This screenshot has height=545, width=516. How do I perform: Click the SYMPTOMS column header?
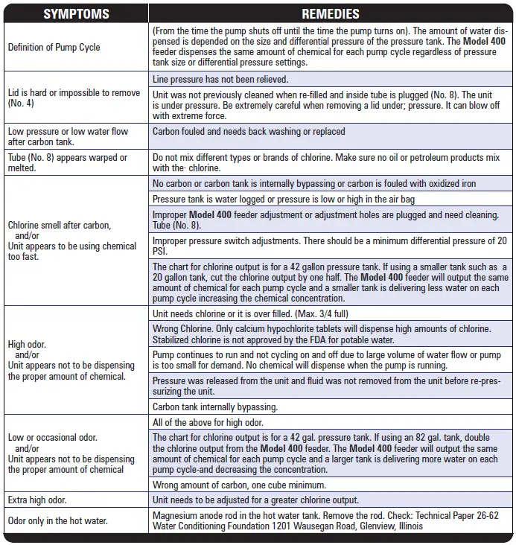(x=76, y=13)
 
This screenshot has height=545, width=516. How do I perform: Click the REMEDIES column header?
(x=330, y=13)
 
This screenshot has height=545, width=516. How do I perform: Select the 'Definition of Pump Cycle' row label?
(x=54, y=47)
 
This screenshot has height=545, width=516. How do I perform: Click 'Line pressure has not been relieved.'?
(x=220, y=79)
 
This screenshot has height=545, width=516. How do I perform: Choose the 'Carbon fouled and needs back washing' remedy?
(x=249, y=132)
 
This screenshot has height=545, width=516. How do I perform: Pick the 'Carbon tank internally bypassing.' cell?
(x=214, y=407)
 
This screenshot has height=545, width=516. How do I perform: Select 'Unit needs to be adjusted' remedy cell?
(x=255, y=500)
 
